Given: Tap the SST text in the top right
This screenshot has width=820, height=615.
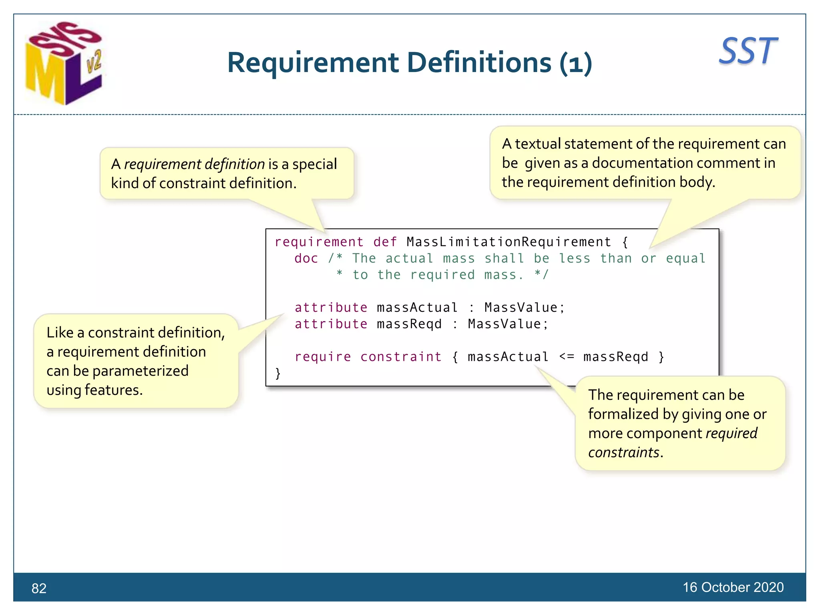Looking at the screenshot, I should coord(748,51).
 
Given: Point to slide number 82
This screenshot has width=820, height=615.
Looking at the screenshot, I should coord(39,588).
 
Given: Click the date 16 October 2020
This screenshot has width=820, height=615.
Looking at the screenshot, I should coord(733,587).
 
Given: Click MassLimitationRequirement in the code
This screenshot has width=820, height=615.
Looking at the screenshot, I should coord(508,242).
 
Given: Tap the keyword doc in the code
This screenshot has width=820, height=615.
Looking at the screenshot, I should coord(306,258).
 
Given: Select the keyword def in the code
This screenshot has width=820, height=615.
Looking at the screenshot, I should coord(385,242).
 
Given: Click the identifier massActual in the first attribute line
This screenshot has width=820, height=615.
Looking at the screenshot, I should coord(417,307).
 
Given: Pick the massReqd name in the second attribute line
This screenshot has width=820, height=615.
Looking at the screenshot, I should coord(409,324).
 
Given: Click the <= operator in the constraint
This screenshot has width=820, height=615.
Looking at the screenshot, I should coord(567,356).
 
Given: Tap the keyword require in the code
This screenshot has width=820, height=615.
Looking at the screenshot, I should coord(323,356).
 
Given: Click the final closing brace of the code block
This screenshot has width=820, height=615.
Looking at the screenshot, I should coord(277,373).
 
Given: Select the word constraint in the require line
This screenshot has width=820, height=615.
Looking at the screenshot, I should coord(401,356).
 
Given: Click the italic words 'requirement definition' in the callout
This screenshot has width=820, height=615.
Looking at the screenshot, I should coord(194,164).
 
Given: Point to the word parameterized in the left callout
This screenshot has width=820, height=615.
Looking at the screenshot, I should coord(140,371).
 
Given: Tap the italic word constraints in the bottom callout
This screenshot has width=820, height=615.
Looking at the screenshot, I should coord(623,452).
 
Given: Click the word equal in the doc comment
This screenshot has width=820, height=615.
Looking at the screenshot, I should coord(685,258).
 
